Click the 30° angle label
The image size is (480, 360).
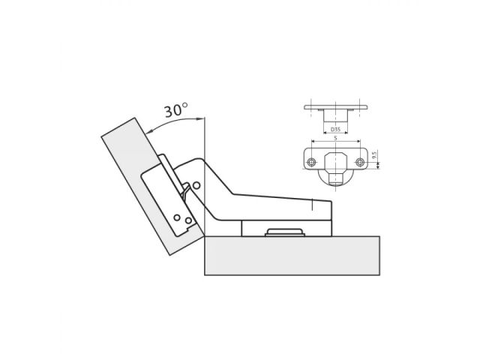pos(175,110)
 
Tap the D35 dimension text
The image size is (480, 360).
pos(334,129)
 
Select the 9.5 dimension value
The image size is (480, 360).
pos(375,158)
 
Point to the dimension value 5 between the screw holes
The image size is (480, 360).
pos(334,139)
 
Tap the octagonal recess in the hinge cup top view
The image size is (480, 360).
pos(334,161)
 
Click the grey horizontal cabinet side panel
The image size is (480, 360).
pos(292,255)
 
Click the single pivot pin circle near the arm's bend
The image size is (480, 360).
pos(196,184)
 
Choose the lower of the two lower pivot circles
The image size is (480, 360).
pos(184,223)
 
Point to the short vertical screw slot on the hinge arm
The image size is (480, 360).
pos(312,202)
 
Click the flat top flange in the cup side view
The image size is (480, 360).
pos(334,107)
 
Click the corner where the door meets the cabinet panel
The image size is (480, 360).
pos(202,235)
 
